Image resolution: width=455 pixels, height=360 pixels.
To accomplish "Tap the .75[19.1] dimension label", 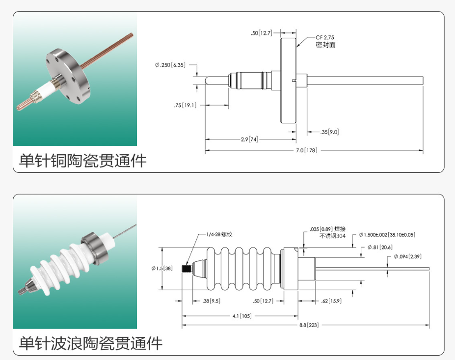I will point(185,105).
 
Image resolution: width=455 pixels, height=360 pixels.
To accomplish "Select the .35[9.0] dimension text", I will point(329,132).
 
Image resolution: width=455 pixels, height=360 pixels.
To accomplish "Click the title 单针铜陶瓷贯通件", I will point(82,160).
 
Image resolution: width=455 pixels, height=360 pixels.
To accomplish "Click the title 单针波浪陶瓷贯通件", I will point(90,343).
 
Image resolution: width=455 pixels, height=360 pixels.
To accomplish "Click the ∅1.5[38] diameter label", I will point(161,268).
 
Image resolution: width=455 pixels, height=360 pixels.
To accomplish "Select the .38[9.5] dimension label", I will point(211,301).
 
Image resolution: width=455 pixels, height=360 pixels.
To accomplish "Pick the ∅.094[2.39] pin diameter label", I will point(407,256).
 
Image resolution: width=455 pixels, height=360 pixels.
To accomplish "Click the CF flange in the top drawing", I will point(288,80).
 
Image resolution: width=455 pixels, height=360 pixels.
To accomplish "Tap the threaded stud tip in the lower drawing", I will point(187,269).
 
